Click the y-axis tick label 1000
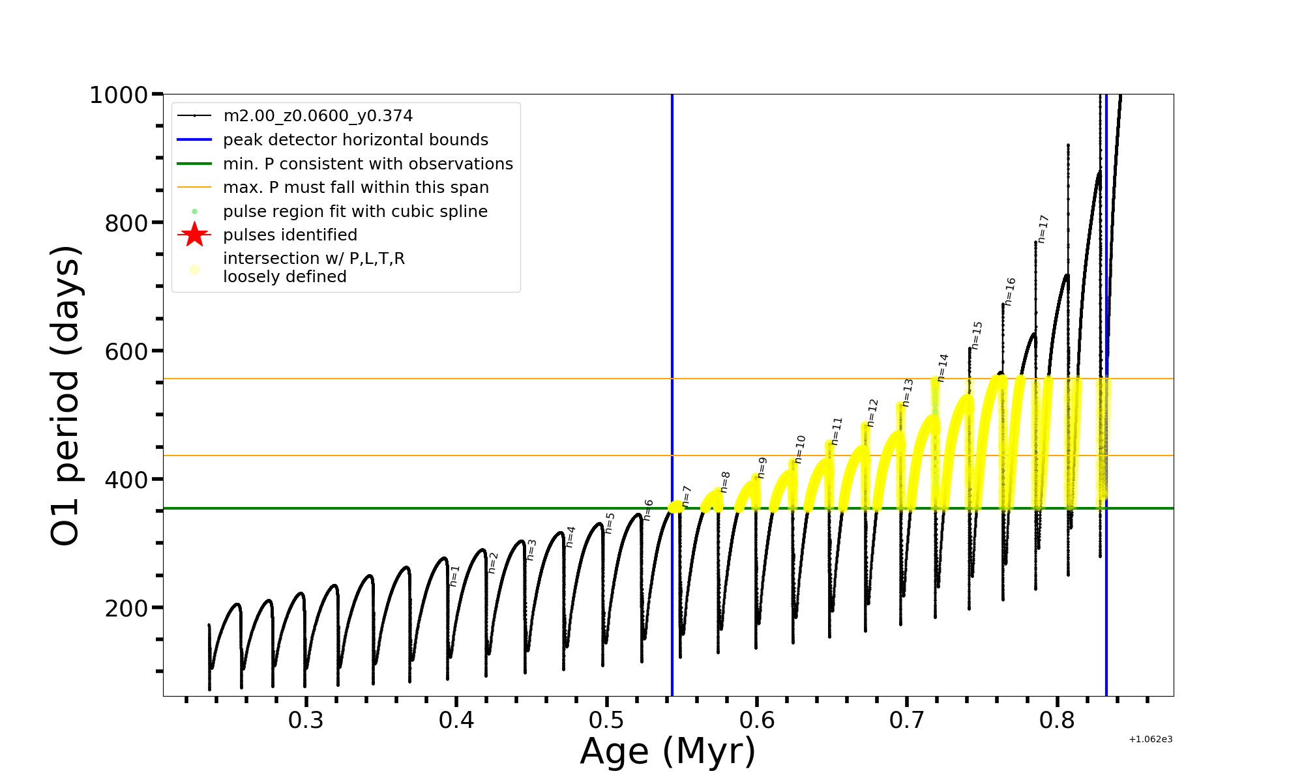pyautogui.click(x=119, y=95)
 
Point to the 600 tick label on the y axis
pyautogui.click(x=126, y=352)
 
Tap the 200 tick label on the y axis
pyautogui.click(x=126, y=609)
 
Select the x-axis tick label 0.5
pyautogui.click(x=606, y=720)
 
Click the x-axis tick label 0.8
pyautogui.click(x=1057, y=720)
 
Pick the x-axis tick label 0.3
pyautogui.click(x=306, y=720)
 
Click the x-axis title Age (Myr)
pyautogui.click(x=668, y=751)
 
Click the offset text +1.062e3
pyautogui.click(x=1150, y=739)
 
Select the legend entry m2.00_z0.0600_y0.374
pyautogui.click(x=318, y=116)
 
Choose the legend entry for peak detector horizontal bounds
pyautogui.click(x=355, y=140)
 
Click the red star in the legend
pyautogui.click(x=194, y=235)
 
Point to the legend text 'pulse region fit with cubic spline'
pyautogui.click(x=355, y=212)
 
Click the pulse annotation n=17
pyautogui.click(x=1043, y=229)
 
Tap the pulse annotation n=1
pyautogui.click(x=454, y=575)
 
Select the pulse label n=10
pyautogui.click(x=800, y=449)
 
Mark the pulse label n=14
pyautogui.click(x=943, y=368)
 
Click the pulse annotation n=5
pyautogui.click(x=610, y=523)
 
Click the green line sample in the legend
pyautogui.click(x=194, y=164)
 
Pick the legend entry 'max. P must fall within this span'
pyautogui.click(x=355, y=188)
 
